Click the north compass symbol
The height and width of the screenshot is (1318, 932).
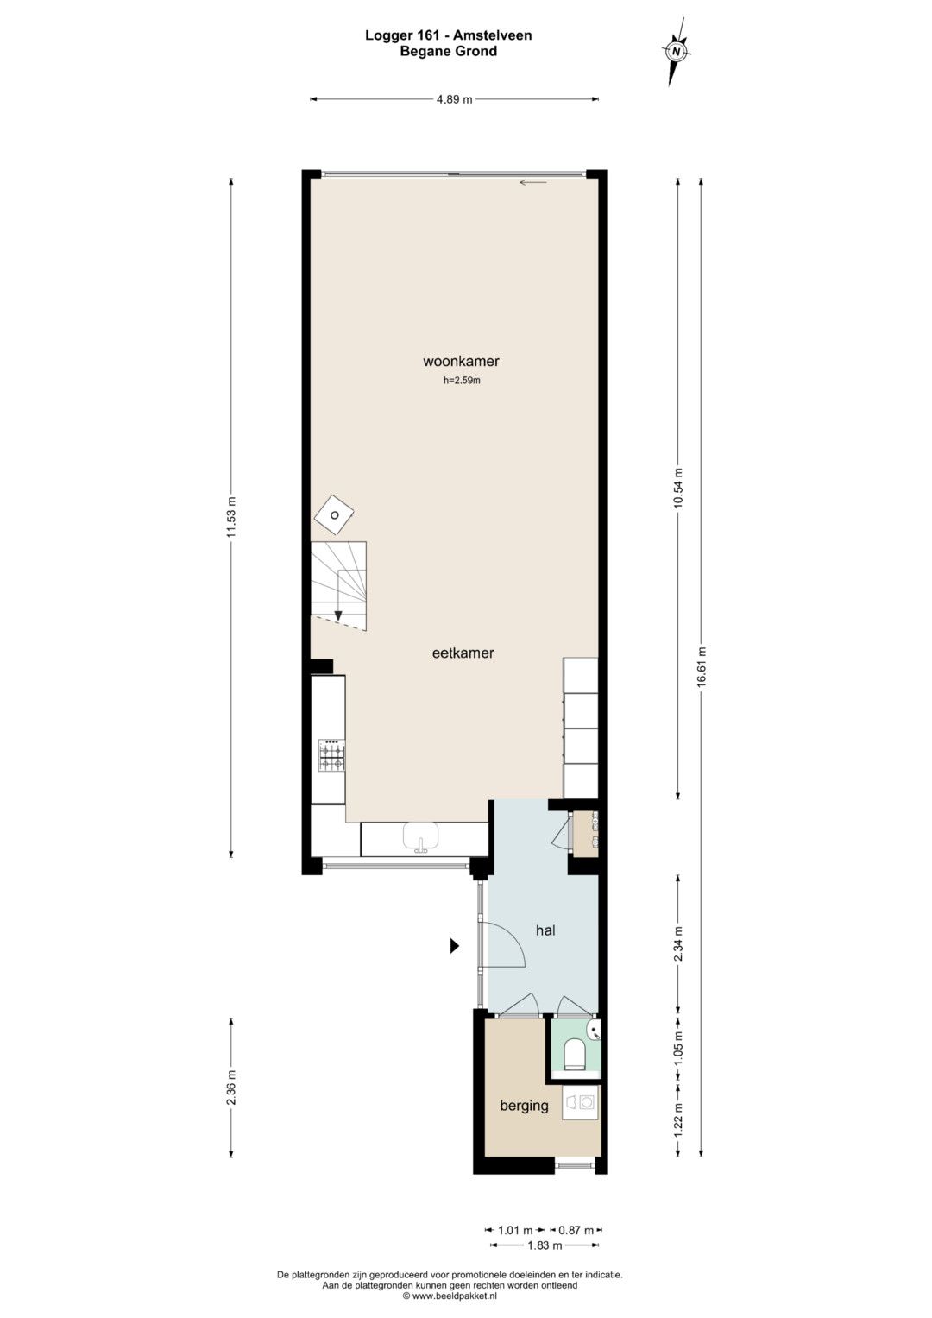pyautogui.click(x=677, y=51)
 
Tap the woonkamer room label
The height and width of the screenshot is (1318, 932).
pyautogui.click(x=461, y=362)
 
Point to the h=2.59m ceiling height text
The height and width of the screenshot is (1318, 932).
pyautogui.click(x=462, y=381)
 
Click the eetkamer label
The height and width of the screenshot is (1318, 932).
pyautogui.click(x=463, y=653)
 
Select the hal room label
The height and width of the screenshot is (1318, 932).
pyautogui.click(x=545, y=930)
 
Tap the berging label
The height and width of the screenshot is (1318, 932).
pyautogui.click(x=524, y=1106)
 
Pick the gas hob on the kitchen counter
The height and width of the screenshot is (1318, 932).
pyautogui.click(x=331, y=755)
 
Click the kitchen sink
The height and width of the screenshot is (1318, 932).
pyautogui.click(x=420, y=836)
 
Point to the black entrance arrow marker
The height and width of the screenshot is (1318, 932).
pyautogui.click(x=454, y=945)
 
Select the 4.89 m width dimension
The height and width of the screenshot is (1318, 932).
pyautogui.click(x=454, y=99)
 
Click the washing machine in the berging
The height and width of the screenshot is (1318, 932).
pyautogui.click(x=581, y=1102)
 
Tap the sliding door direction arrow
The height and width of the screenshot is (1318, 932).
pyautogui.click(x=533, y=182)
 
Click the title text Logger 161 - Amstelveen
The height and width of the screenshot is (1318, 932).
pyautogui.click(x=449, y=35)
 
